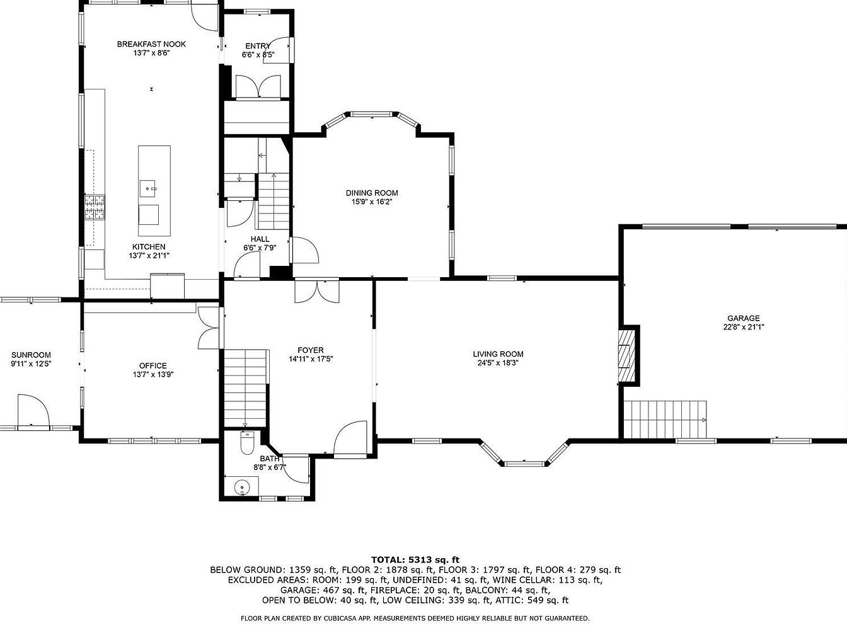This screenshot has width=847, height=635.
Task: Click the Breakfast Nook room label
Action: pyautogui.click(x=151, y=44)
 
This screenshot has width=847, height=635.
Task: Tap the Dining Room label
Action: pyautogui.click(x=372, y=193)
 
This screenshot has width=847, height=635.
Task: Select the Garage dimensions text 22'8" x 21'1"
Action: pyautogui.click(x=744, y=327)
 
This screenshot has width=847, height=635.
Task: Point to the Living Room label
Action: pyautogui.click(x=498, y=354)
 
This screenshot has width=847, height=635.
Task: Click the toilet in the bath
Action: pyautogui.click(x=247, y=443)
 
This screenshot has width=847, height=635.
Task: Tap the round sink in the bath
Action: pyautogui.click(x=242, y=486)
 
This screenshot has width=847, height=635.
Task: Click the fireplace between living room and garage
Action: pyautogui.click(x=627, y=355)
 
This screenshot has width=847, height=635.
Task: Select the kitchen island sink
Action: pyautogui.click(x=147, y=189)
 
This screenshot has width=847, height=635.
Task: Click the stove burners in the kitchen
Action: pyautogui.click(x=95, y=208)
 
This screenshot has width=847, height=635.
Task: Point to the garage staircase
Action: pyautogui.click(x=665, y=420)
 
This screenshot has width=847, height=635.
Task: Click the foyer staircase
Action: pyautogui.click(x=246, y=388)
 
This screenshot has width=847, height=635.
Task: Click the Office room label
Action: pyautogui.click(x=153, y=365)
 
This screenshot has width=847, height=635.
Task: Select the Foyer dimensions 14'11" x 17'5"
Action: pyautogui.click(x=311, y=359)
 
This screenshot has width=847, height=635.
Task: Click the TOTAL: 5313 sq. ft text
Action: pyautogui.click(x=415, y=559)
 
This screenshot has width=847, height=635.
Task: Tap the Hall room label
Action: pyautogui.click(x=260, y=239)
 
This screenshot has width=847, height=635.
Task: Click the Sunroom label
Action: pyautogui.click(x=31, y=355)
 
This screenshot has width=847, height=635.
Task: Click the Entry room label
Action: pyautogui.click(x=258, y=46)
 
